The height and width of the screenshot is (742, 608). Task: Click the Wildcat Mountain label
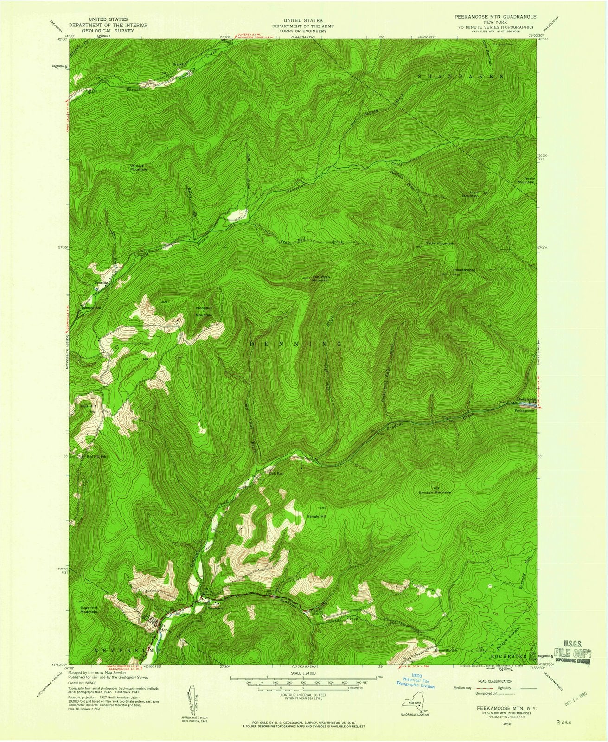(x=138, y=167)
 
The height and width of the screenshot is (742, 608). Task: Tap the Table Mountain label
(x=440, y=243)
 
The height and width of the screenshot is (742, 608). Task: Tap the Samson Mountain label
(x=435, y=492)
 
